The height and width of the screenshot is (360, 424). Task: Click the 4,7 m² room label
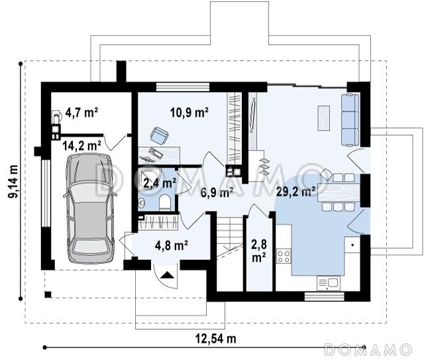81,112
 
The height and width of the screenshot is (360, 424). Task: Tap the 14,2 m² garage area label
81,146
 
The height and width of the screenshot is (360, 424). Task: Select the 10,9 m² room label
189,112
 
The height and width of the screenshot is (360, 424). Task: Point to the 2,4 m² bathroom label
159,183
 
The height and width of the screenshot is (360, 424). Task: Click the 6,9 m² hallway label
217,192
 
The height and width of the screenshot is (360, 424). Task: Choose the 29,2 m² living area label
295,192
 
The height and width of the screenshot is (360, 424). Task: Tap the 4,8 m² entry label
172,245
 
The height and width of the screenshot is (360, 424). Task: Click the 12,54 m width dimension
215,338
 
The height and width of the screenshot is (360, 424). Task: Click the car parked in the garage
90,208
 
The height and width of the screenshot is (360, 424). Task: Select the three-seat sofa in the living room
350,120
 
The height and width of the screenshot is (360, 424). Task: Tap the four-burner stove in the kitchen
284,257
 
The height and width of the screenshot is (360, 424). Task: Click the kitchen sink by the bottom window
329,283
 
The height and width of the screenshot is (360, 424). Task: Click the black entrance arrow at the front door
167,275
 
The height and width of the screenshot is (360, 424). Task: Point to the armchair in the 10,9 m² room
159,135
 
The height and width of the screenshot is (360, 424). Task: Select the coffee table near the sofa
324,118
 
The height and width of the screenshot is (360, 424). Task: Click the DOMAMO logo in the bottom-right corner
368,349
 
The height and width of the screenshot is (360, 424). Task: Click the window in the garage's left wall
46,194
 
